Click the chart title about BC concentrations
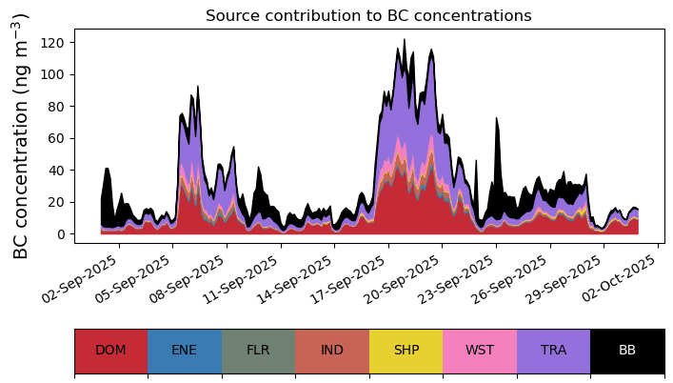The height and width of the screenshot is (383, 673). [x=368, y=15]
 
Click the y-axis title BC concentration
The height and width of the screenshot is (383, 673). [x=21, y=136]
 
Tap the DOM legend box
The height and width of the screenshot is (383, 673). [x=110, y=351]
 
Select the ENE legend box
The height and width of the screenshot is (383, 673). [x=185, y=351]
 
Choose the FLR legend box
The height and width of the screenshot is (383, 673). [x=258, y=351]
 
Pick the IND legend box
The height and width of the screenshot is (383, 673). [x=332, y=351]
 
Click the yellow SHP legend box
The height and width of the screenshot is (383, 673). [x=406, y=351]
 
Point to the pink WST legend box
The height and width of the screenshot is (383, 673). [x=480, y=351]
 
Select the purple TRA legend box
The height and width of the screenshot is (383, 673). [x=553, y=351]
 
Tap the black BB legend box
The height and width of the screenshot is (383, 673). [x=627, y=351]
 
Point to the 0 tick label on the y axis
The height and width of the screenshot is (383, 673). [x=60, y=234]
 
